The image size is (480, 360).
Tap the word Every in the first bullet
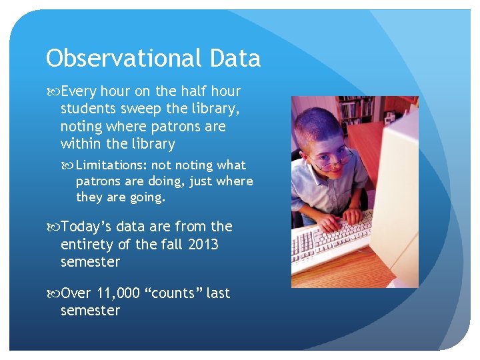click(78, 91)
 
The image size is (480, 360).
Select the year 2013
click(203, 245)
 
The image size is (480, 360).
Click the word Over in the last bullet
click(77, 293)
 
